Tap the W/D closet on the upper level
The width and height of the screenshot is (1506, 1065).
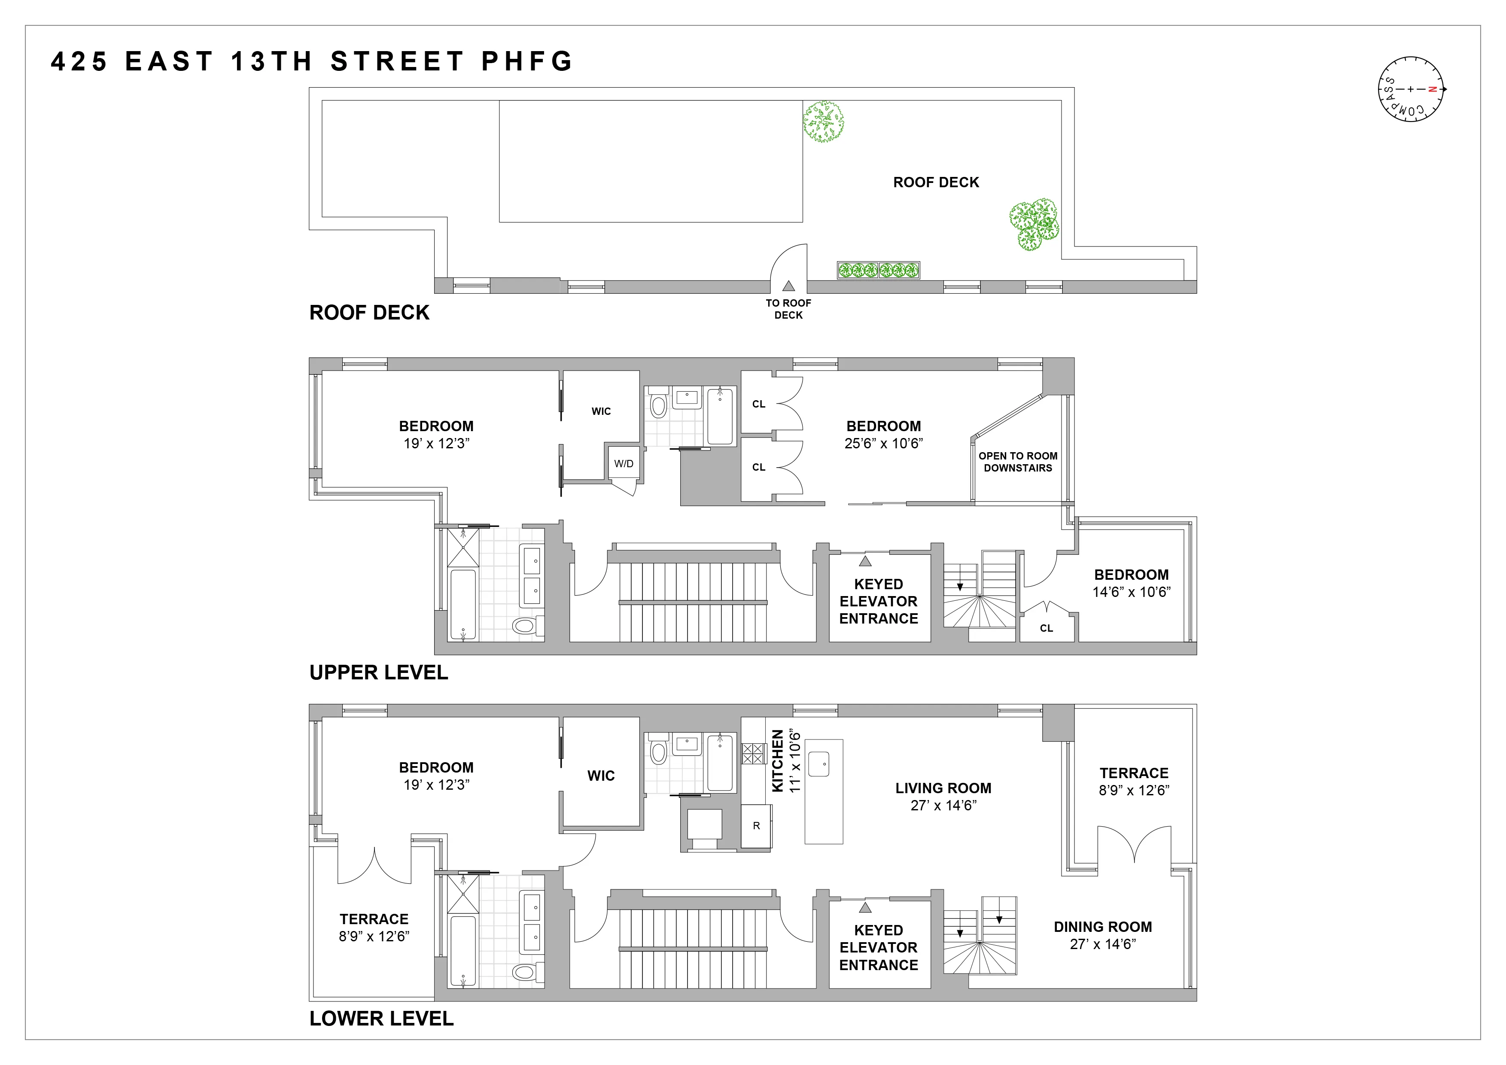[x=623, y=464]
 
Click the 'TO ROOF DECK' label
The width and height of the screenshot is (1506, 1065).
[x=788, y=309]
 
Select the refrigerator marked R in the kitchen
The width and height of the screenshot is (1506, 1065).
[x=756, y=826]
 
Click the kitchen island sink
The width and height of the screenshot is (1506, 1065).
[x=819, y=764]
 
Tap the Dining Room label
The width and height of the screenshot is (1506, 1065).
[x=1103, y=927]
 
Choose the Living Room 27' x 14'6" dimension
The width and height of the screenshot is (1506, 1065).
[x=943, y=805]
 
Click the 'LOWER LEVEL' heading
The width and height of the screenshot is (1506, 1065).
[x=381, y=1019]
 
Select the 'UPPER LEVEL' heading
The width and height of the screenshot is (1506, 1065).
[x=378, y=672]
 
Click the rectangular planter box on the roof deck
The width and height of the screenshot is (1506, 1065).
[x=878, y=270]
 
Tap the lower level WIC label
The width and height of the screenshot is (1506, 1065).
[x=601, y=776]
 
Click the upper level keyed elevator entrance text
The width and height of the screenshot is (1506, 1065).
[x=878, y=601]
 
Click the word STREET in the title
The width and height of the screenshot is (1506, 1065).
[x=398, y=62]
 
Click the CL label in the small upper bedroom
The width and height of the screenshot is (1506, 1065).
[x=1046, y=628]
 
